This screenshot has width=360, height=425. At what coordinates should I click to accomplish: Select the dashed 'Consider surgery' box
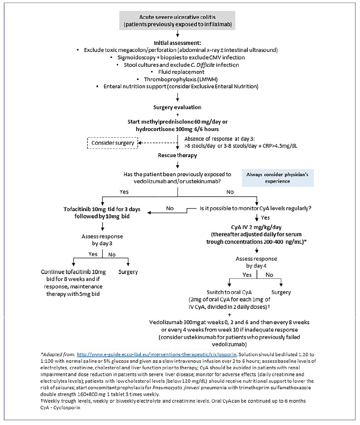click(112, 143)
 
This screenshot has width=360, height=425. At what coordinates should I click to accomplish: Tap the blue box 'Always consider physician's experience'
click(278, 178)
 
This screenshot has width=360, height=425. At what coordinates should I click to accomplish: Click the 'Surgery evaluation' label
click(177, 107)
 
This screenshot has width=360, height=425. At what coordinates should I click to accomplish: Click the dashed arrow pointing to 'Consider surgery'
click(156, 143)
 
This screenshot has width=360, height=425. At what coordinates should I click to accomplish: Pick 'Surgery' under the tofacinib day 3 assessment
click(128, 271)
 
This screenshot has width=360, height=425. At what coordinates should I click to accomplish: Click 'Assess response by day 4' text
click(256, 262)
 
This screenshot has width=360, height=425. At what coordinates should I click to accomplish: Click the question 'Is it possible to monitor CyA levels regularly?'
click(257, 209)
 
